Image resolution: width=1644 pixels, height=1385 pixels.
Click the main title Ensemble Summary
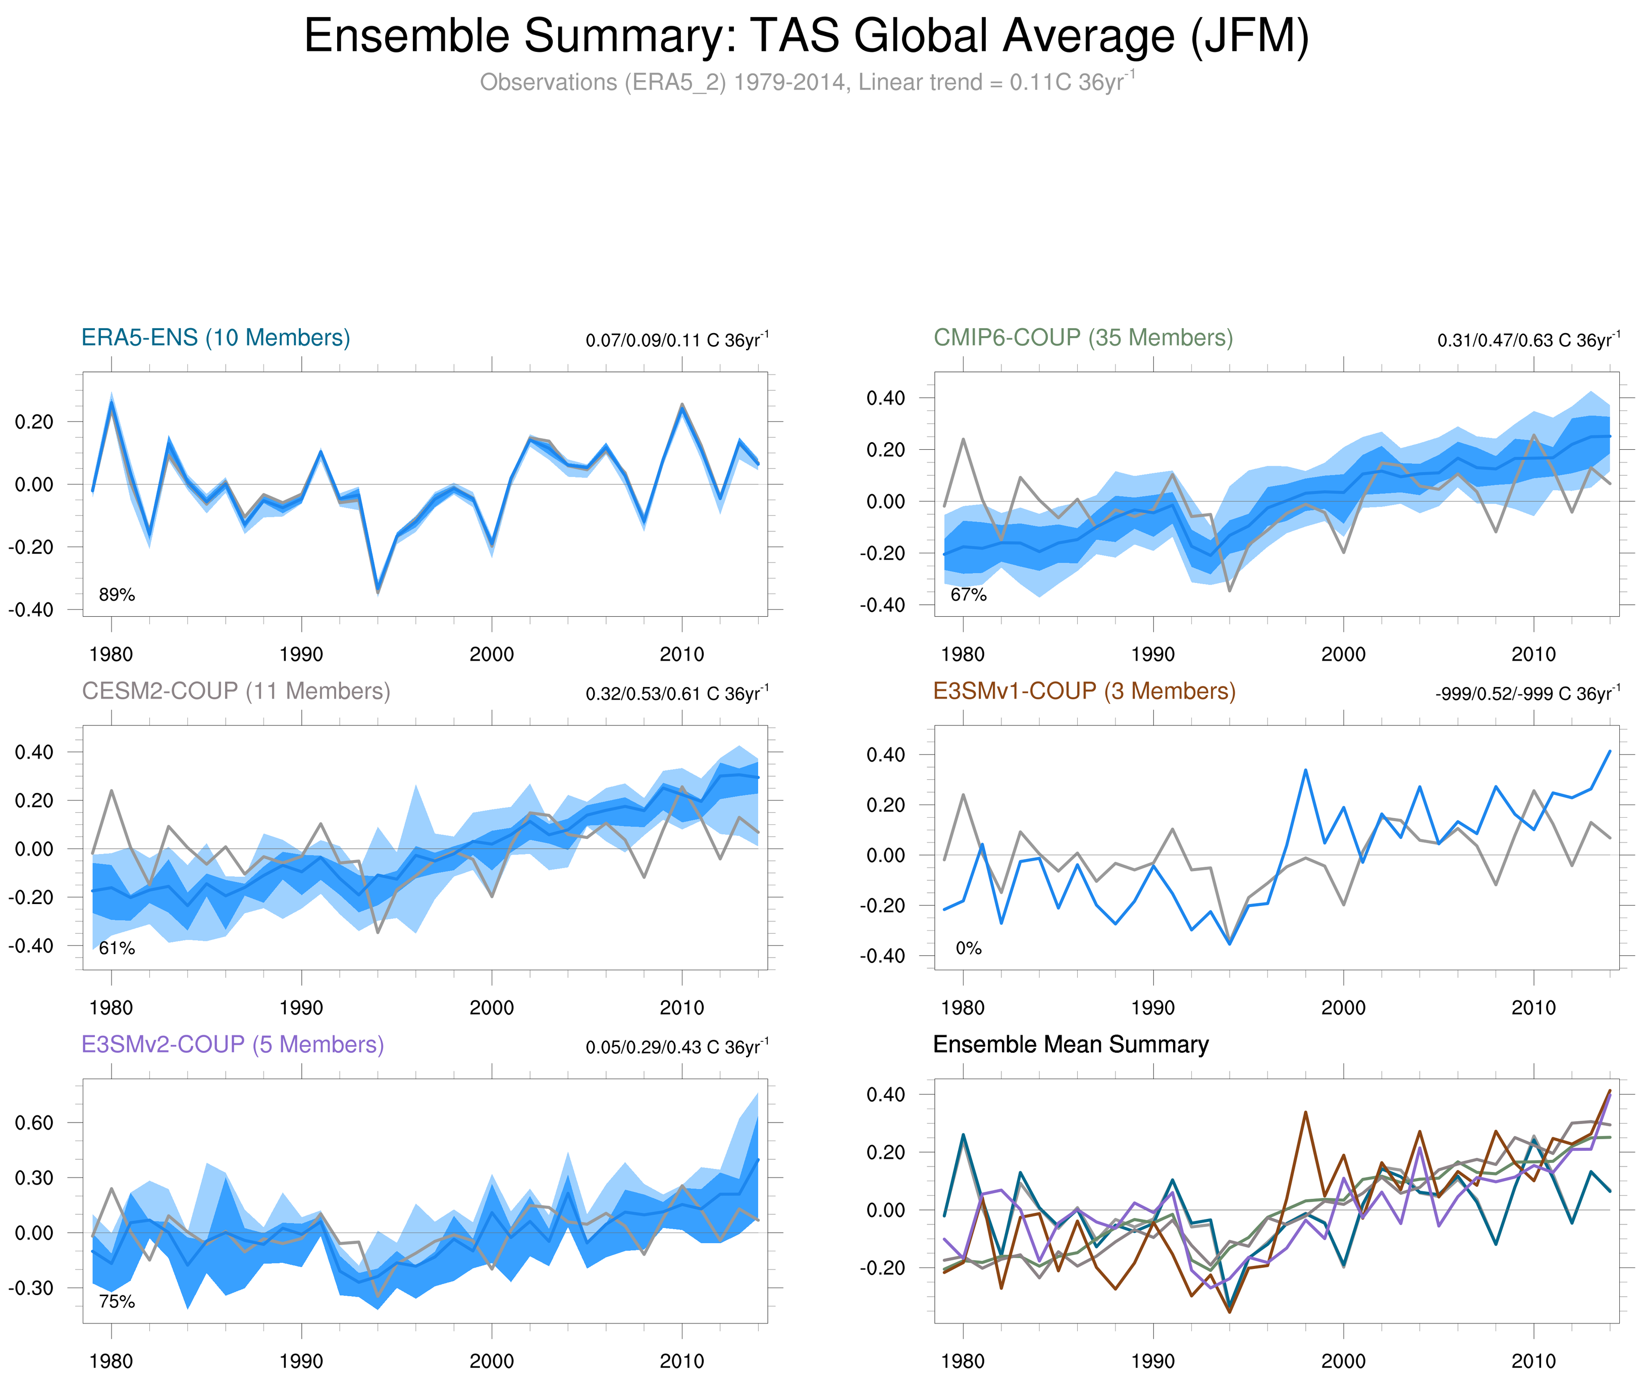click(806, 36)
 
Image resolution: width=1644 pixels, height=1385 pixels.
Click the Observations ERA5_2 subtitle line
click(806, 82)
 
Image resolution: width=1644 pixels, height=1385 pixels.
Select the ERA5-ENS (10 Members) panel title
click(216, 338)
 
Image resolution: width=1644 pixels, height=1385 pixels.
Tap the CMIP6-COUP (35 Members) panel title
click(1083, 338)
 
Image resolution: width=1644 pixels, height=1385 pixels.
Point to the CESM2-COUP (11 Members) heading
click(236, 691)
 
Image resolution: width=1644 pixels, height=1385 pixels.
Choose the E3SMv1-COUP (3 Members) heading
click(1083, 691)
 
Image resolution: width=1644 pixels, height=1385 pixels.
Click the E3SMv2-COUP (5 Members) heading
click(232, 1044)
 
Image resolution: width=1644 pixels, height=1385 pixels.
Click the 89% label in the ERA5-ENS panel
click(117, 595)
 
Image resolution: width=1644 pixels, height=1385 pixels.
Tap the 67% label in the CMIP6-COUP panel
click(968, 595)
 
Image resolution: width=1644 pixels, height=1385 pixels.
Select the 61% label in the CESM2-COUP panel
click(117, 948)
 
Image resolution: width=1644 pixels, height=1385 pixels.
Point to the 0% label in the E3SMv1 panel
click(968, 948)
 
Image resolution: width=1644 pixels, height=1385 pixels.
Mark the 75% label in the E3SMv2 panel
click(117, 1302)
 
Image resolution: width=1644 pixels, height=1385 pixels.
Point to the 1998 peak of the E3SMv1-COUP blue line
click(1305, 770)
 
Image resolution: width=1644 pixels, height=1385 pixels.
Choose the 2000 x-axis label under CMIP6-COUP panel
click(1343, 654)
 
